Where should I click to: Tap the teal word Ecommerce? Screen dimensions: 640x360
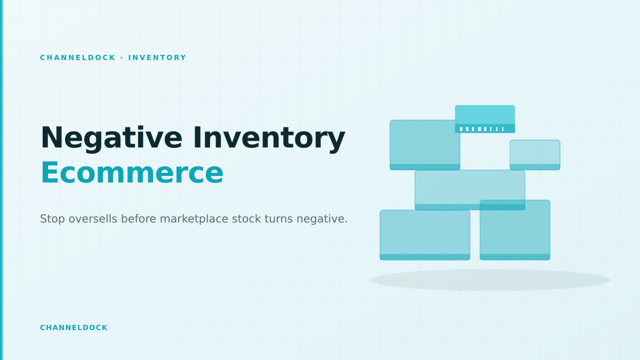[x=132, y=173]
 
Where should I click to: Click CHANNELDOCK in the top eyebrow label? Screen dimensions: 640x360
[x=78, y=58]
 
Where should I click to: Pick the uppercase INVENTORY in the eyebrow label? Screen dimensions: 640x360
[x=157, y=58]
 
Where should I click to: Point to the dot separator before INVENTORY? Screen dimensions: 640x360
[x=122, y=58]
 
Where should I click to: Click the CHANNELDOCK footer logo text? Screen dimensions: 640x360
[x=74, y=327]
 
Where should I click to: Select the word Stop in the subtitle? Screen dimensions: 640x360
[x=52, y=219]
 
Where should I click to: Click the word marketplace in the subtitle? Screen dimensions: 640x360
[x=194, y=219]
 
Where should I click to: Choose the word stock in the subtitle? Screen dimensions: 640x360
[x=246, y=219]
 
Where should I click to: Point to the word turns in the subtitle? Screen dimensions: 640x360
[x=278, y=219]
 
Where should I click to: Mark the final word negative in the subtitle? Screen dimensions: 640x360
[x=322, y=219]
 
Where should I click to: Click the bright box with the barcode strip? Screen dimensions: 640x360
[x=485, y=119]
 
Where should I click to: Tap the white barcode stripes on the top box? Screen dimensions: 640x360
[x=482, y=129]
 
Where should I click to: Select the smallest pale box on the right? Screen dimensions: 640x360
[x=535, y=155]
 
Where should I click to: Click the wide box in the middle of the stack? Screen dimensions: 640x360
[x=470, y=190]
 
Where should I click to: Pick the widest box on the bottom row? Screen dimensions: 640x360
[x=425, y=235]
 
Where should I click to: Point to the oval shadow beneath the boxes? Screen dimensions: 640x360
[x=490, y=280]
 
